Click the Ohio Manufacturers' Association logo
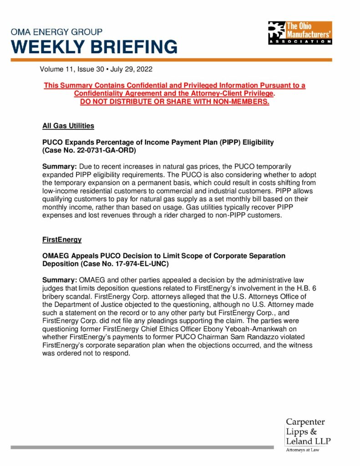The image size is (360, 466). pos(300,32)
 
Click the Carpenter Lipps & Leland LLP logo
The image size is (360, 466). pos(308,432)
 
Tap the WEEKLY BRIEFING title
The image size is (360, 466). pos(94,47)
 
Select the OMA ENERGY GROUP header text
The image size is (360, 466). pos(56,32)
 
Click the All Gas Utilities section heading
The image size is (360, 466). pos(68,126)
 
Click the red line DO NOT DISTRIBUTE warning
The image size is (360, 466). pos(174,101)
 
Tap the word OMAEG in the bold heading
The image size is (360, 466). pos(57,256)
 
